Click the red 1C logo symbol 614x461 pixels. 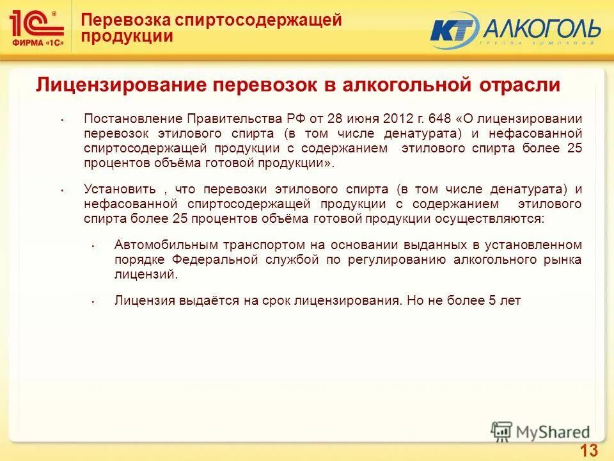36,24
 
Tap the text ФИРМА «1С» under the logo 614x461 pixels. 37,44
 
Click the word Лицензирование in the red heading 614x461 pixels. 121,86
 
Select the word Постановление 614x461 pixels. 132,119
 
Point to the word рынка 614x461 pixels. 565,260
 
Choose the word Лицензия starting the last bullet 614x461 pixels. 143,300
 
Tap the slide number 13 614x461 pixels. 589,450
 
